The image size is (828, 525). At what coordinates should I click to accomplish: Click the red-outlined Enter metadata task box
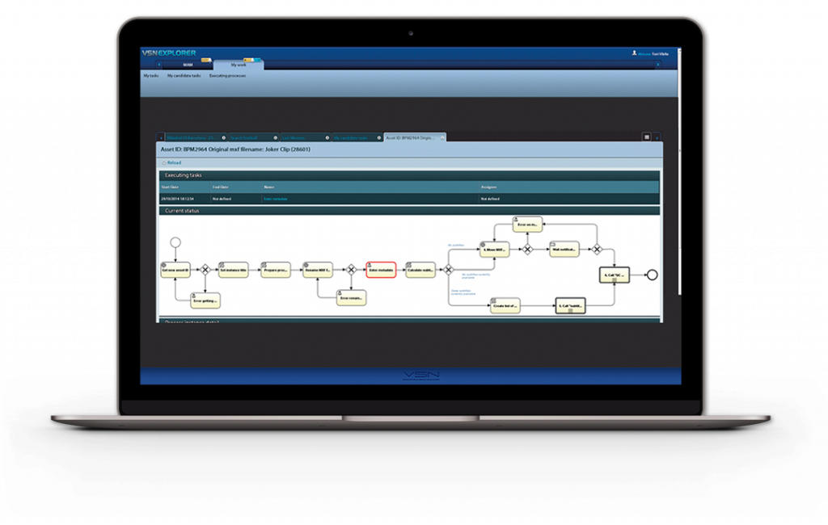coord(381,270)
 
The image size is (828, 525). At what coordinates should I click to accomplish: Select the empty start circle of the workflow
coord(175,242)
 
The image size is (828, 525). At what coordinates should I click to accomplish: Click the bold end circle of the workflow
coord(652,275)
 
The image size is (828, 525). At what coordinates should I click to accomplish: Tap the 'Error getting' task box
coord(205,299)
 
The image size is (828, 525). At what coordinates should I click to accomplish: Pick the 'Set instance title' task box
coord(233,270)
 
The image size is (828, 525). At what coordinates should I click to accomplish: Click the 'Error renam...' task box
coord(351,297)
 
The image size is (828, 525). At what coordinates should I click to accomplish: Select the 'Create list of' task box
coord(505,305)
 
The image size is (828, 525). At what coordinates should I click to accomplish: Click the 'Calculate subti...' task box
coord(420,270)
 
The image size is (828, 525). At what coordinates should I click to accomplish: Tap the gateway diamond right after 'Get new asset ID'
coord(205,270)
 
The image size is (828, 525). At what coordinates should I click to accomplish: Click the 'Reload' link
coord(174,162)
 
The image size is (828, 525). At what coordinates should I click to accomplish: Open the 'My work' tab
coord(239,65)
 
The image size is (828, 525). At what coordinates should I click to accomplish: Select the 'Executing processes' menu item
coord(227,75)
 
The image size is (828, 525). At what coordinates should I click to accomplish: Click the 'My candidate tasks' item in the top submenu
coord(184,75)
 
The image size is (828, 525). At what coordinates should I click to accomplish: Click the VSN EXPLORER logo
coord(169,53)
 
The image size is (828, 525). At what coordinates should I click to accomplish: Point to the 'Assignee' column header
coord(489,187)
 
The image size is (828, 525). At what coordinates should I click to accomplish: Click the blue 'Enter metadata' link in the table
coord(275,198)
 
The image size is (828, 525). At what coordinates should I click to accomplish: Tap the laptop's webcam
coord(411,33)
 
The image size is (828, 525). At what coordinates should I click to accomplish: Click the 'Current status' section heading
coord(182,211)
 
